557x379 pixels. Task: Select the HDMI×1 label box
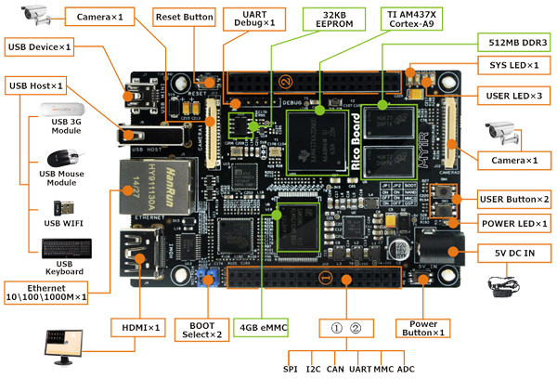141,328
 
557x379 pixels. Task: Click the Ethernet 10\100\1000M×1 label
56,291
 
